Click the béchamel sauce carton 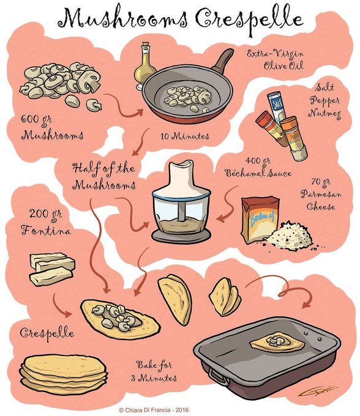point(260,219)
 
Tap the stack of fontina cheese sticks point(52,269)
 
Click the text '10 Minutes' point(185,136)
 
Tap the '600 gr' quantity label point(36,120)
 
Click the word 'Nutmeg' point(324,114)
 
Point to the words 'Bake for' point(154,365)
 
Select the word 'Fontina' point(46,230)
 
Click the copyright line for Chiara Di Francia point(154,410)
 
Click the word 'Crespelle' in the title point(249,20)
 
